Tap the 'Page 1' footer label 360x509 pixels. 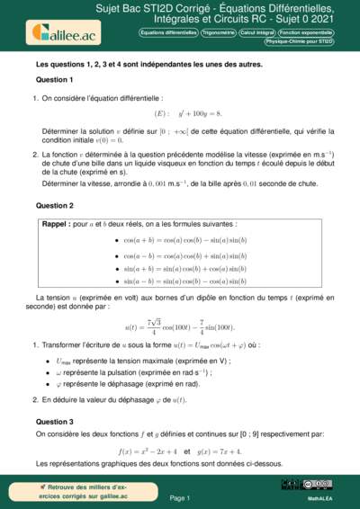[180, 497]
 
